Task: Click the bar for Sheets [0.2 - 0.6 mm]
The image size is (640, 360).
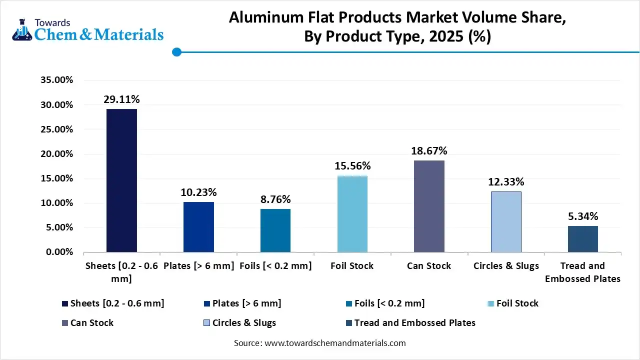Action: pos(121,180)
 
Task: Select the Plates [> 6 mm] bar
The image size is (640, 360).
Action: pos(198,227)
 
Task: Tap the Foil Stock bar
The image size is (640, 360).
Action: pos(352,214)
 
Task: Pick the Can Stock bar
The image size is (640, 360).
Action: pos(429,206)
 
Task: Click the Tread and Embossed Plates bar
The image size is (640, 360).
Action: pos(582,239)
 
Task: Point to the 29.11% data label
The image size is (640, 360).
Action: pos(121,99)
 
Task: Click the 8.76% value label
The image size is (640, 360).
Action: pos(275,199)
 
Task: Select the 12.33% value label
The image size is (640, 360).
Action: pos(506,182)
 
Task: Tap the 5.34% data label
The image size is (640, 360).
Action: pos(582,216)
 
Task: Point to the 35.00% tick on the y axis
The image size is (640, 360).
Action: pos(56,80)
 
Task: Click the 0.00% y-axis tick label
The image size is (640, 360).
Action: pos(59,252)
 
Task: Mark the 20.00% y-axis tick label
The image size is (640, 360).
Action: pos(56,154)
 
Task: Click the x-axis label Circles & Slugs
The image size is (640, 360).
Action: pos(506,266)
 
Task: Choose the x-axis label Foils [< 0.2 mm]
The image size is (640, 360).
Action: pos(275,266)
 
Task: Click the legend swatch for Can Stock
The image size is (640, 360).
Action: pos(64,323)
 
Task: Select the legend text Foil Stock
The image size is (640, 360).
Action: pos(517,303)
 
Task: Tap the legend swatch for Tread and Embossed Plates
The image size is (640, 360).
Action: pos(348,323)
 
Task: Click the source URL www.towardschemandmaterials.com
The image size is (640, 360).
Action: pos(335,343)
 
